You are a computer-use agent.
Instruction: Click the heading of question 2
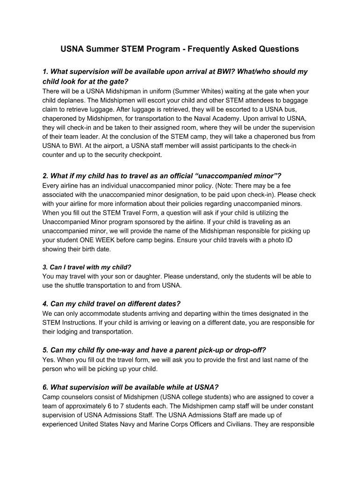[x=162, y=176]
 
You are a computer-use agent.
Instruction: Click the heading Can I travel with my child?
[x=86, y=268]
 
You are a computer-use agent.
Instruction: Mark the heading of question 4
[x=111, y=304]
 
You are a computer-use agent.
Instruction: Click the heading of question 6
[x=130, y=387]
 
